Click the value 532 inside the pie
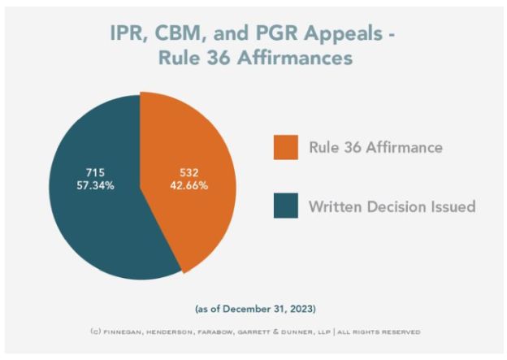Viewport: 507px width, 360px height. pos(188,172)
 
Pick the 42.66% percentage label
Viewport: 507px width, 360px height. pos(188,185)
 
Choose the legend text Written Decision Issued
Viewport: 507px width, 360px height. pos(392,206)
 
